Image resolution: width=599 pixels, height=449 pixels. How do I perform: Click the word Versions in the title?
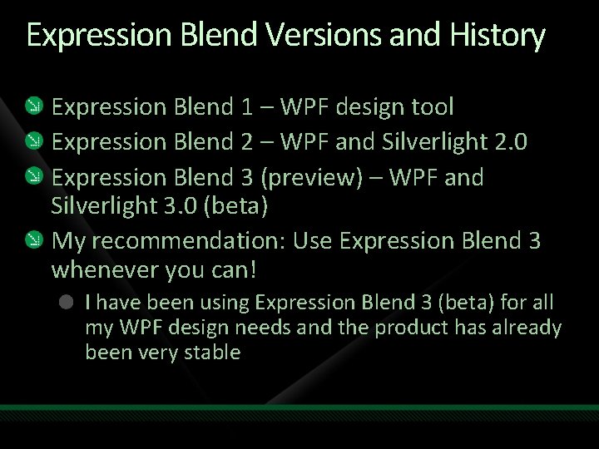pyautogui.click(x=309, y=36)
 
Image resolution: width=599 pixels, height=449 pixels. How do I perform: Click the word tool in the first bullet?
pyautogui.click(x=431, y=106)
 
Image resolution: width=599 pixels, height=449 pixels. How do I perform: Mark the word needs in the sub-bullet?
pyautogui.click(x=242, y=328)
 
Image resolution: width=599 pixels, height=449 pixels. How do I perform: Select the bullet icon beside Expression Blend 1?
pyautogui.click(x=32, y=106)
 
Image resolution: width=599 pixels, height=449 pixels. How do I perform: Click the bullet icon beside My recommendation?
pyautogui.click(x=32, y=241)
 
